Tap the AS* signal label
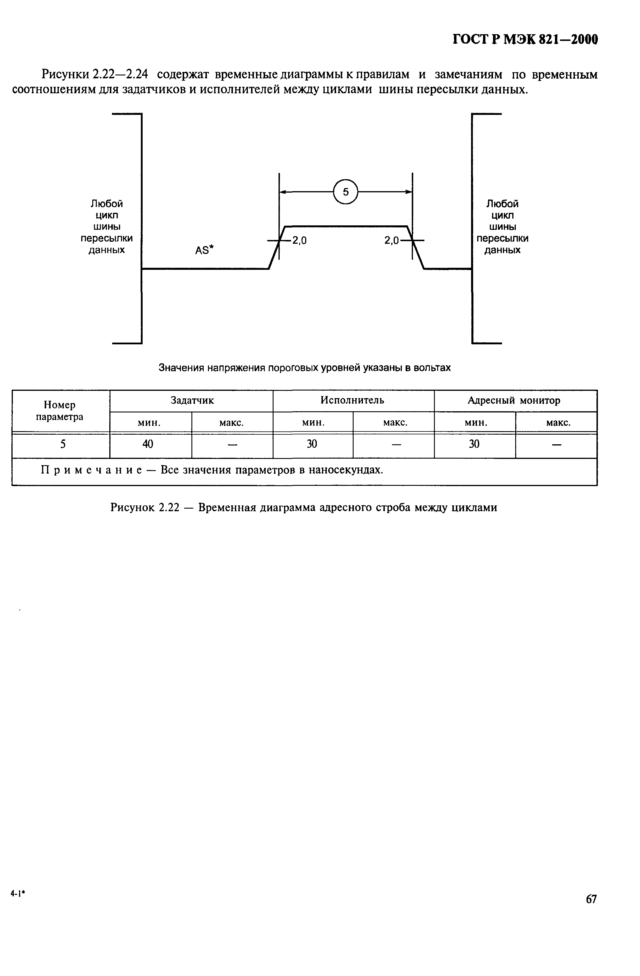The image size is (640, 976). point(205,250)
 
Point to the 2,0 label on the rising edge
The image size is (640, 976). point(299,241)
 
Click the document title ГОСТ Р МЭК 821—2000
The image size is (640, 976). point(525,39)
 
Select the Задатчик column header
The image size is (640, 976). point(192,400)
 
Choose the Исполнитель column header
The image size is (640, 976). point(353,400)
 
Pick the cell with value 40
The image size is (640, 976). point(148,444)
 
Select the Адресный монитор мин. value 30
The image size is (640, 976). point(474,444)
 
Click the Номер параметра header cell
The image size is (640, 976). point(60,410)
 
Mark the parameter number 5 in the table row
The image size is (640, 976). point(63,444)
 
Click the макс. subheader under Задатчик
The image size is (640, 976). point(232,422)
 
